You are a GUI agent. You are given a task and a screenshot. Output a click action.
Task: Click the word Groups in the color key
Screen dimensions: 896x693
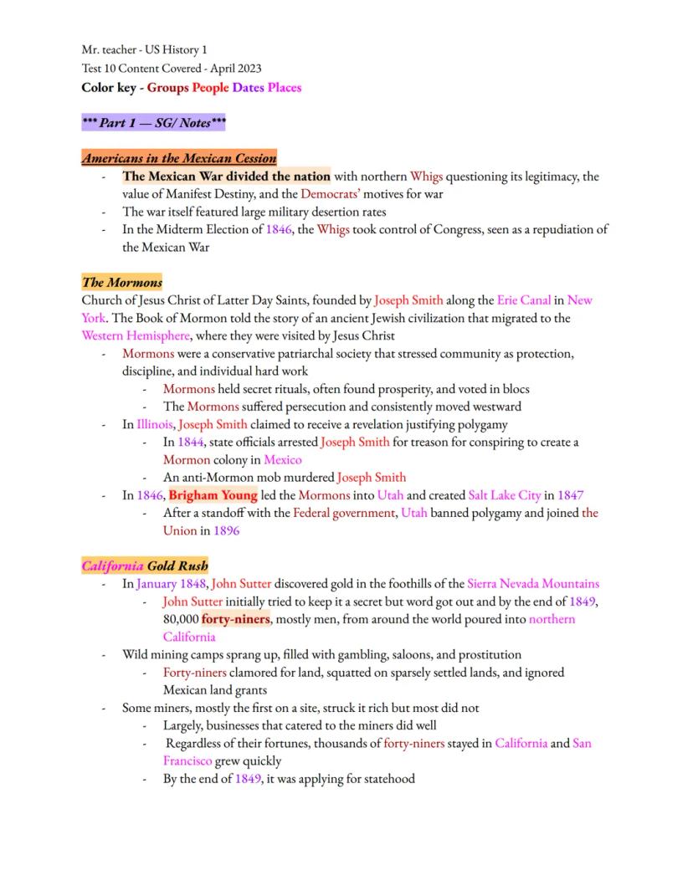pyautogui.click(x=167, y=88)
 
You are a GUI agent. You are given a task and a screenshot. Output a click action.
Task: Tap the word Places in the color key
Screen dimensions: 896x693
pyautogui.click(x=285, y=88)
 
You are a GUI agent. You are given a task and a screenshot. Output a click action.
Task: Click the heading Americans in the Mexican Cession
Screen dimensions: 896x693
pyautogui.click(x=179, y=158)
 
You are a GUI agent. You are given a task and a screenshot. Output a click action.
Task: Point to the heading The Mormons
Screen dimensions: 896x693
pyautogui.click(x=122, y=282)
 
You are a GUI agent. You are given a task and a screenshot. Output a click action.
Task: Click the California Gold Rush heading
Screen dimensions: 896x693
pyautogui.click(x=145, y=566)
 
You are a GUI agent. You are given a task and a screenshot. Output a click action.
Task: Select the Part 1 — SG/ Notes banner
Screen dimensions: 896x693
pyautogui.click(x=154, y=123)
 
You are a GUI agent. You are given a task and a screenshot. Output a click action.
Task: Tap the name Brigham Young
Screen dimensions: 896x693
pyautogui.click(x=213, y=495)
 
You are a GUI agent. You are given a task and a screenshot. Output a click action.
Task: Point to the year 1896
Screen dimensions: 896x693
pyautogui.click(x=226, y=530)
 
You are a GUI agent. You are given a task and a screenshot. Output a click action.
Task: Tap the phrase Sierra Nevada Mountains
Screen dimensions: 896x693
pyautogui.click(x=533, y=584)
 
